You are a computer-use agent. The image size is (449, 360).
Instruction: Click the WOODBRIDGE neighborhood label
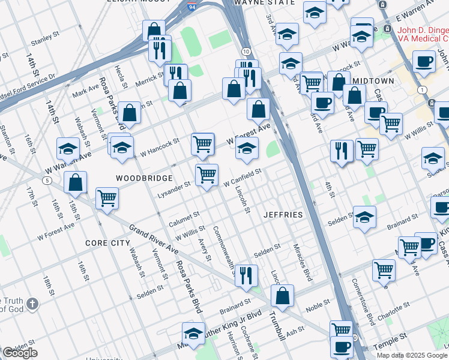(144, 178)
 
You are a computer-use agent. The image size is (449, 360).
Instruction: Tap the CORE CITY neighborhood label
(108, 243)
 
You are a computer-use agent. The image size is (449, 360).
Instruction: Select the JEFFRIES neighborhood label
(282, 214)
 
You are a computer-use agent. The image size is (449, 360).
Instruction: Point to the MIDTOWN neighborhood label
(373, 80)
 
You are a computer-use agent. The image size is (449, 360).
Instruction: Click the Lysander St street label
(173, 184)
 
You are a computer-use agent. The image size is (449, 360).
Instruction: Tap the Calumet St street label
(184, 216)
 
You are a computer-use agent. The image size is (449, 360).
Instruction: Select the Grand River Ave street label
(154, 238)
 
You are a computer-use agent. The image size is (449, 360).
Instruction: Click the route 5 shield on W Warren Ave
(46, 180)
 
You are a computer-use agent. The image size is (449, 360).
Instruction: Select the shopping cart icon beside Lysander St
(206, 175)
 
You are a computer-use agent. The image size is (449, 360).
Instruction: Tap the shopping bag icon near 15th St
(75, 182)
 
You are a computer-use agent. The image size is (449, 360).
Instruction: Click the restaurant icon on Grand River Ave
(246, 275)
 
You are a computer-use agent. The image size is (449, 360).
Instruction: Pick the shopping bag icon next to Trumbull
(282, 295)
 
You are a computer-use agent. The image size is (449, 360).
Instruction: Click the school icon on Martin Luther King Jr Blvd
(193, 332)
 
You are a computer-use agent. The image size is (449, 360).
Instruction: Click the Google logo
(20, 353)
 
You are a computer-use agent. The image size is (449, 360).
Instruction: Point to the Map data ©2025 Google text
(411, 355)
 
